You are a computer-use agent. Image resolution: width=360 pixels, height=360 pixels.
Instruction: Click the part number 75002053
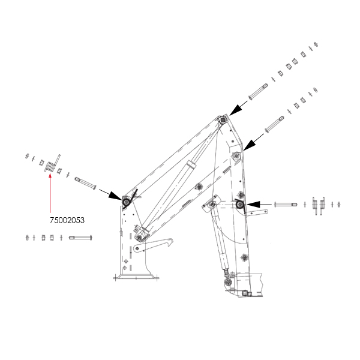click(x=67, y=220)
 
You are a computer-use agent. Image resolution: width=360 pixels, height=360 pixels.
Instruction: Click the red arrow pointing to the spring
click(x=50, y=194)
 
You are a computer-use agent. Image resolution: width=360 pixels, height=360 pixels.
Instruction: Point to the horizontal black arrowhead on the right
click(x=253, y=204)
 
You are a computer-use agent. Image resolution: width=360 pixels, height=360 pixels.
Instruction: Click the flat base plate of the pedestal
click(x=136, y=278)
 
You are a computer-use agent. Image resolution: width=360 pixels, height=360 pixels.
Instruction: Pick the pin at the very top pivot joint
click(x=222, y=119)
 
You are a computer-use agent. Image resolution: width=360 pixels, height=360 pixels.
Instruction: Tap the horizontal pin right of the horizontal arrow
click(x=286, y=204)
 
